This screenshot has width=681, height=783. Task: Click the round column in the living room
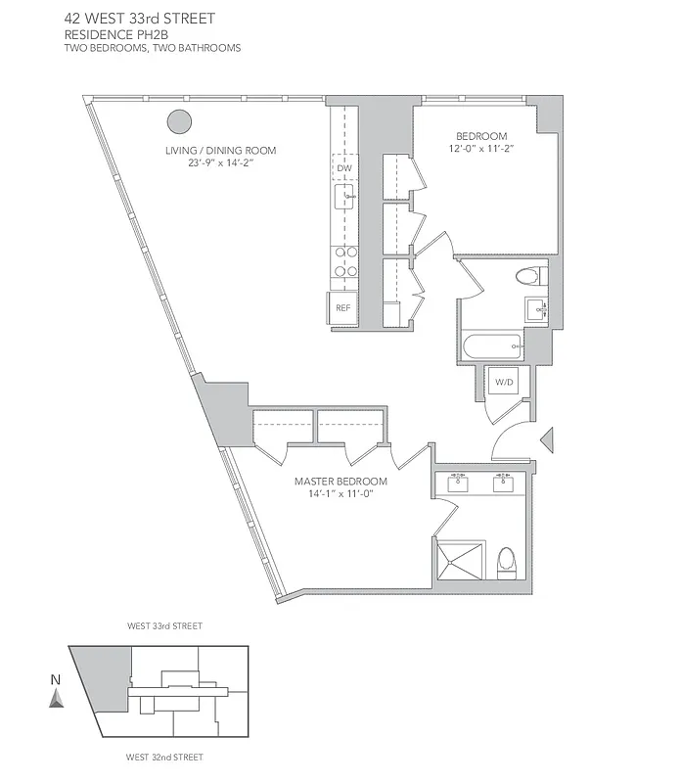click(179, 121)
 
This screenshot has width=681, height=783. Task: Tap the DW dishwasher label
click(343, 168)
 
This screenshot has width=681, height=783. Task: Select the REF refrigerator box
click(342, 307)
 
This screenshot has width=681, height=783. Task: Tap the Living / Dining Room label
click(220, 151)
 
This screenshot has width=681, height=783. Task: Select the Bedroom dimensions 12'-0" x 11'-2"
click(480, 149)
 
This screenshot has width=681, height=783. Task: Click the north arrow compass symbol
click(57, 696)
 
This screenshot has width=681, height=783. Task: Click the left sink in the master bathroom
click(458, 482)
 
